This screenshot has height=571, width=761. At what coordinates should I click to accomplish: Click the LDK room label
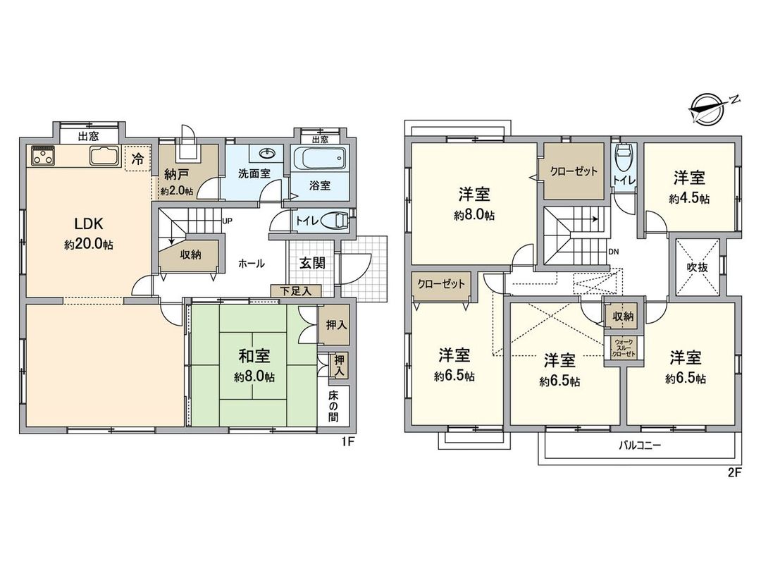tap(89, 224)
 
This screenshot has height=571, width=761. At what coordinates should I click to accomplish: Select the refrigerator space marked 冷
tap(138, 159)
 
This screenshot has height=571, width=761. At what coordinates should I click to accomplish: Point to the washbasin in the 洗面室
tap(267, 153)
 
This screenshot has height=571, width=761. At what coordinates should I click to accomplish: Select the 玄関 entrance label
tap(312, 263)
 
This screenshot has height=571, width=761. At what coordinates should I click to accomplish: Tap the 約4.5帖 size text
tap(688, 198)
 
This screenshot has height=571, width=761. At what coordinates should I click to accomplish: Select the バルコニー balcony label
tap(640, 446)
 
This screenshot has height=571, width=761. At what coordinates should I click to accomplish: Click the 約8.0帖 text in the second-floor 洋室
tap(474, 215)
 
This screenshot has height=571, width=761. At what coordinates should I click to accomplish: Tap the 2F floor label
tap(734, 472)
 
